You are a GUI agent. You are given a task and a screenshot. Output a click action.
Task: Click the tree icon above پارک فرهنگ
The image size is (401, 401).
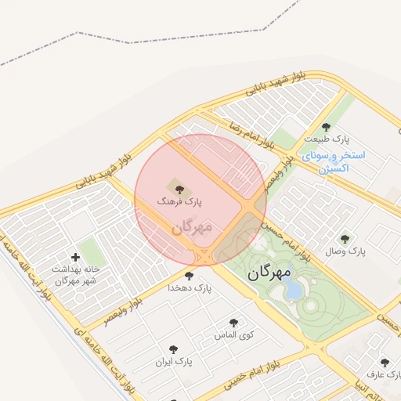click(x=179, y=188)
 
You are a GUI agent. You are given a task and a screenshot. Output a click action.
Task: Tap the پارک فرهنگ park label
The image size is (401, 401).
click(x=179, y=202)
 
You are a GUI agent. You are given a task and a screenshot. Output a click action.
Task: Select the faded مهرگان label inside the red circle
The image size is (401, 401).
click(x=192, y=227)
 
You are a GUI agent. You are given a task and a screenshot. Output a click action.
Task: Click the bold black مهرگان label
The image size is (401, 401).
click(x=269, y=273)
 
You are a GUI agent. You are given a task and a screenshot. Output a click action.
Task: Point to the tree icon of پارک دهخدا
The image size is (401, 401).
click(x=189, y=275)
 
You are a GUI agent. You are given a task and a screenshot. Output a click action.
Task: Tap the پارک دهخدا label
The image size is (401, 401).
click(x=190, y=287)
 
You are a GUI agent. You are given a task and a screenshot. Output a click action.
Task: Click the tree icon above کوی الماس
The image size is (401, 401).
click(x=233, y=322)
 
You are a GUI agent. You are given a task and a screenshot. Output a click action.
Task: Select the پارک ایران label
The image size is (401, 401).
click(x=173, y=362)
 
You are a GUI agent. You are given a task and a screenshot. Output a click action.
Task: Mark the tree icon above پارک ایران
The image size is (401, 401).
click(x=173, y=349)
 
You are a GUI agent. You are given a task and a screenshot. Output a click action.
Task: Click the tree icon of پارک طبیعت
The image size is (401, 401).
click(x=326, y=127)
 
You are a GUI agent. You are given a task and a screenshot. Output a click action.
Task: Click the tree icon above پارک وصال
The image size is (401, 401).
click(x=345, y=239)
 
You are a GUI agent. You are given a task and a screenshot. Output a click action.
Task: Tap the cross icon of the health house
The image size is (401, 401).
click(x=75, y=257)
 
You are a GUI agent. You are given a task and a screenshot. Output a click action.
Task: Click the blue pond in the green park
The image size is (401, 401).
click(x=293, y=291)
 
